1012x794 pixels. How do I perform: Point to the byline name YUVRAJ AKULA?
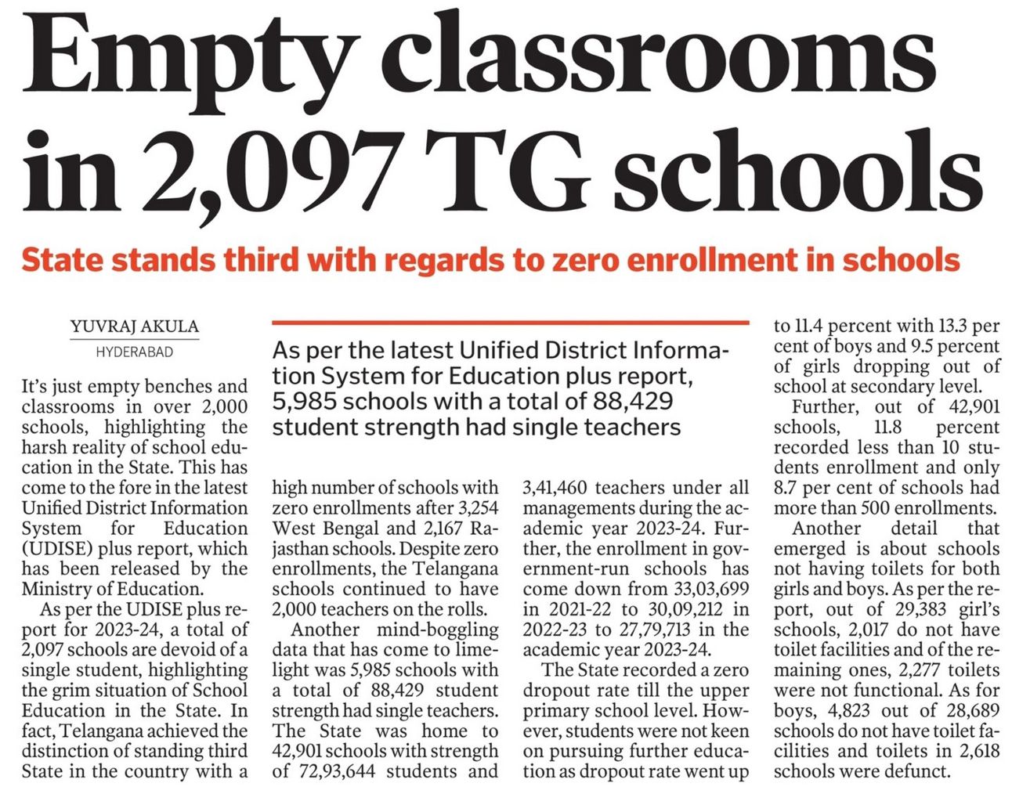(x=134, y=327)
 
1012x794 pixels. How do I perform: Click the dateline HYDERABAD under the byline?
(x=134, y=352)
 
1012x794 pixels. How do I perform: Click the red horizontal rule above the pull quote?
(x=510, y=322)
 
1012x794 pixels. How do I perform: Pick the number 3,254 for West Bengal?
(x=473, y=507)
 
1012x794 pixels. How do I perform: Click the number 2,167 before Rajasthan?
(x=447, y=528)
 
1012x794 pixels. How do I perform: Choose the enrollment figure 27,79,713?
(x=655, y=630)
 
